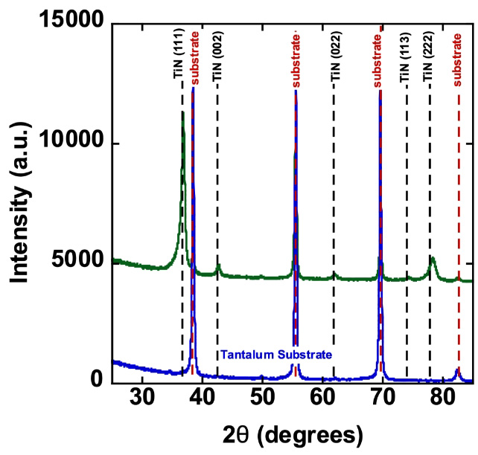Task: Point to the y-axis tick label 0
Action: (96, 380)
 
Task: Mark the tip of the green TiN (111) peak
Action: (182, 113)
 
